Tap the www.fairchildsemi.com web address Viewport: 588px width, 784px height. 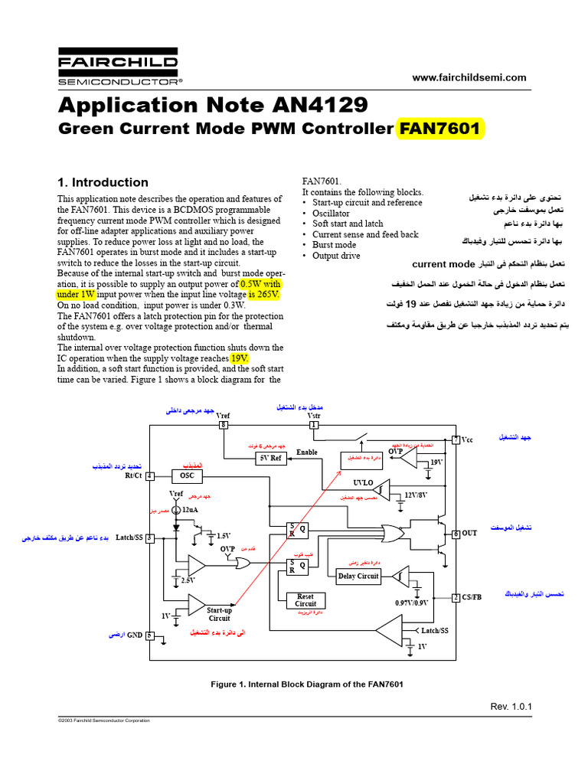(x=469, y=77)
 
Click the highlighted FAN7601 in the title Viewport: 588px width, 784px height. (x=440, y=129)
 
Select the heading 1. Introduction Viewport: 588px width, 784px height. (x=103, y=182)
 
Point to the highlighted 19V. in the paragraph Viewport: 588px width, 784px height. (x=240, y=358)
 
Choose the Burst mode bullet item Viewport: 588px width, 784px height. (x=334, y=245)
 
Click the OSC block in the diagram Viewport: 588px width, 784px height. (x=187, y=475)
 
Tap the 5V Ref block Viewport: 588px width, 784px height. (x=269, y=458)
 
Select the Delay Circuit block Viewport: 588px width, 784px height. (x=358, y=576)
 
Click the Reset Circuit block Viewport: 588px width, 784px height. (x=305, y=600)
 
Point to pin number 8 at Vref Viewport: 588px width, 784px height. (x=224, y=424)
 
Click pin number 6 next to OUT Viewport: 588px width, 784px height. (x=456, y=534)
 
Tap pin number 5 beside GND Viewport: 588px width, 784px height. (x=150, y=635)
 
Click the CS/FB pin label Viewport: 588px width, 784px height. (x=472, y=597)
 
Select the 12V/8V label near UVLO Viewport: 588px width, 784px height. (x=416, y=495)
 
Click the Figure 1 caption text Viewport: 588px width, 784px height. (x=307, y=684)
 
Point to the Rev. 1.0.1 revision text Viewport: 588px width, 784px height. (x=511, y=706)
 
